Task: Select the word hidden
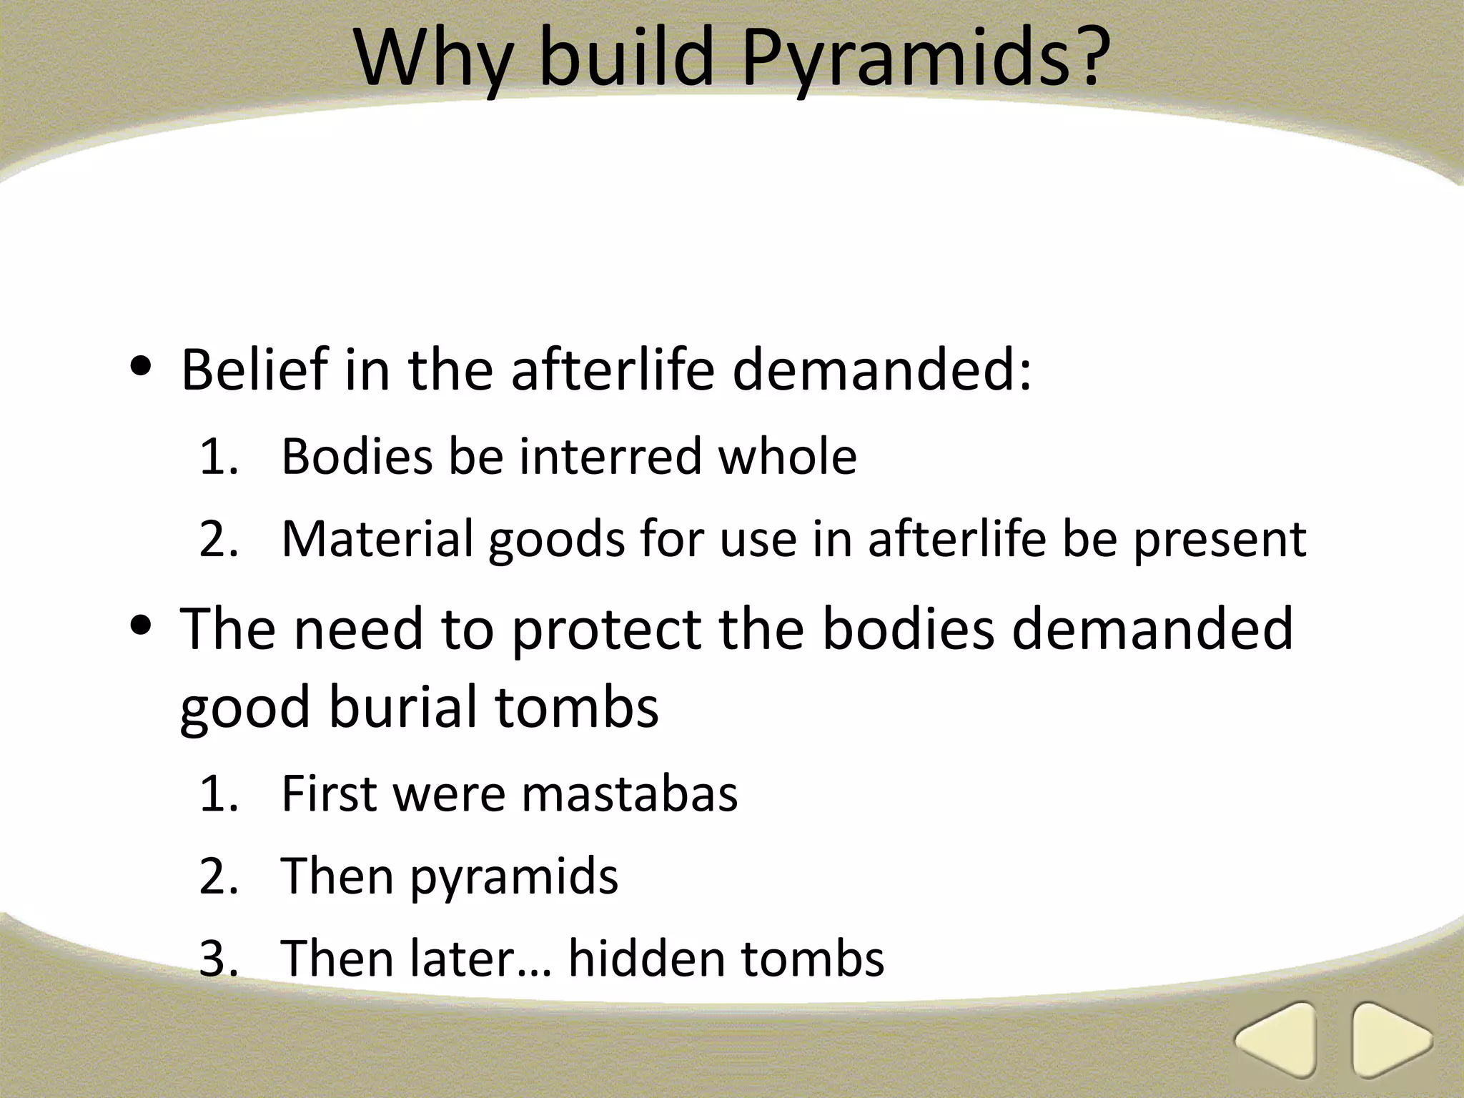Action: click(x=646, y=959)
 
